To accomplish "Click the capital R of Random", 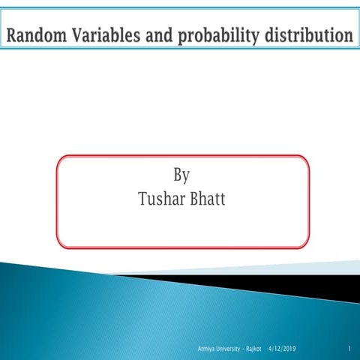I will [x=13, y=34].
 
